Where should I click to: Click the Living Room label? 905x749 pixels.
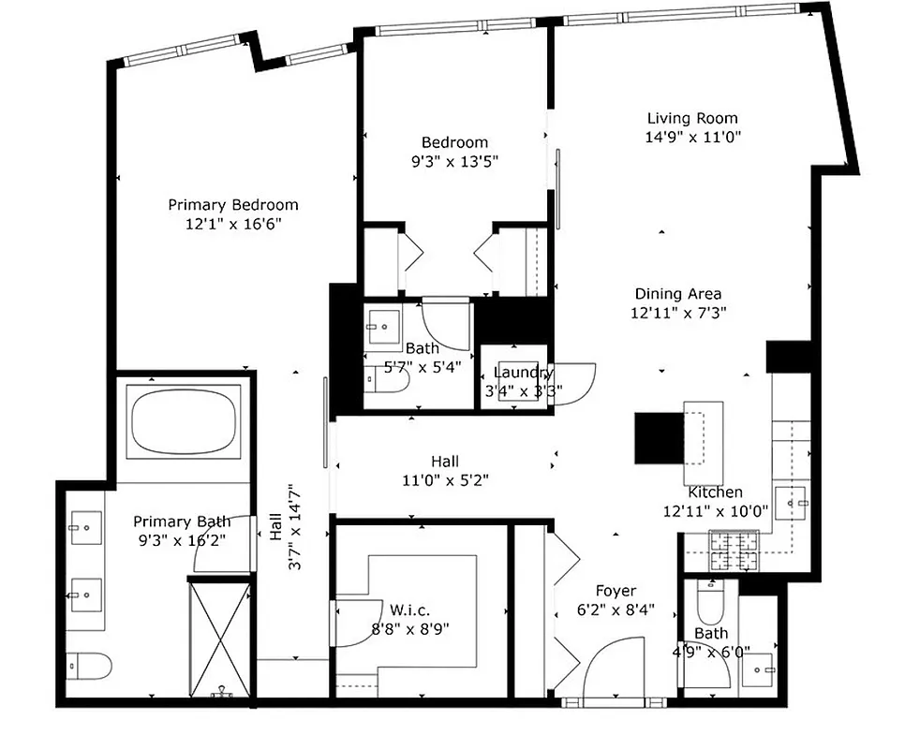click(692, 118)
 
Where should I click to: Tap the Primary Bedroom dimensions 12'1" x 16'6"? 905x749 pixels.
click(233, 224)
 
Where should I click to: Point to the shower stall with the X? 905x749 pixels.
click(220, 639)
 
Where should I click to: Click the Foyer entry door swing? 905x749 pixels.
click(612, 669)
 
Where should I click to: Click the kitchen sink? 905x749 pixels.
click(792, 503)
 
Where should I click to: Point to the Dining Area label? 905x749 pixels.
click(678, 294)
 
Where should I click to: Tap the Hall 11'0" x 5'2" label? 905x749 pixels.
click(445, 462)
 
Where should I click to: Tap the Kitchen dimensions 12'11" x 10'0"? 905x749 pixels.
click(715, 510)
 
